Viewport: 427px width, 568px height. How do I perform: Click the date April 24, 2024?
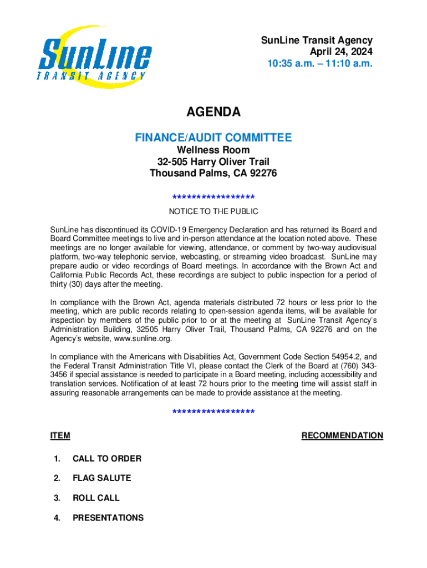pos(341,52)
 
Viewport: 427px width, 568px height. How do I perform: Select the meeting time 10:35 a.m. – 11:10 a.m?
pos(320,64)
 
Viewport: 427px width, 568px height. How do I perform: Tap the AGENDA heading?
pos(213,113)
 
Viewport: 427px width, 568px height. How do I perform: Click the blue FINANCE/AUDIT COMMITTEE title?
pos(213,138)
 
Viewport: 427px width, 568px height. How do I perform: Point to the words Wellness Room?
pos(213,150)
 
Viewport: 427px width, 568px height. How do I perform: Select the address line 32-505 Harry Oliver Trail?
pos(213,162)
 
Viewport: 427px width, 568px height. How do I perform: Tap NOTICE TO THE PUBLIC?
pos(213,211)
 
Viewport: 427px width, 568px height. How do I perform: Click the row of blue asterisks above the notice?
pos(213,197)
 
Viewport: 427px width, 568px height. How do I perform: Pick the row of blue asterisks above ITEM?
pos(213,412)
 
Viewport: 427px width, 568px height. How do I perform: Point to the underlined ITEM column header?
pos(60,436)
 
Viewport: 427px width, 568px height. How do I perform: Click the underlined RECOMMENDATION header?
pos(342,436)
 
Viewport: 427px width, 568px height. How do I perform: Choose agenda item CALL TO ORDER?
pos(106,459)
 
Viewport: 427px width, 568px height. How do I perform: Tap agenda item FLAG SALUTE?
pos(101,478)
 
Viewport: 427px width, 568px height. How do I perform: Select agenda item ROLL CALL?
pos(96,498)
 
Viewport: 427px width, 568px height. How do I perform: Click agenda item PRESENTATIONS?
pos(108,518)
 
